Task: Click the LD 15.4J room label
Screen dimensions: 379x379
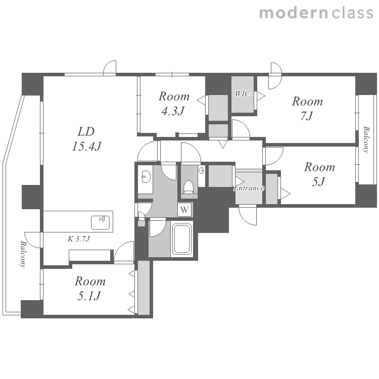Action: (x=86, y=139)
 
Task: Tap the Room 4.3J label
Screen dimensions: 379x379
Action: (x=174, y=104)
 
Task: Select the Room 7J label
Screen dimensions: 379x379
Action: (x=307, y=109)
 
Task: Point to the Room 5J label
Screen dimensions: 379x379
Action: (x=319, y=174)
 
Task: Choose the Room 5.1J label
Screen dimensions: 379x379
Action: (x=90, y=289)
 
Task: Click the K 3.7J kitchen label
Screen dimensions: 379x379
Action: (x=79, y=239)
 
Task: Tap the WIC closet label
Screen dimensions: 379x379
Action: (x=243, y=93)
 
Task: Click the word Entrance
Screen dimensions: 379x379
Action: (x=249, y=188)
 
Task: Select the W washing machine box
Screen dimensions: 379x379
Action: (x=184, y=210)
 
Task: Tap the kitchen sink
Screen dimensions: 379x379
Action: (x=101, y=222)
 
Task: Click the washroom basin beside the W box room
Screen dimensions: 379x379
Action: (x=146, y=177)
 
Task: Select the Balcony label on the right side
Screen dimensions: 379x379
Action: (x=366, y=139)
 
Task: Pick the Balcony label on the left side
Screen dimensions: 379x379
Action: (x=22, y=254)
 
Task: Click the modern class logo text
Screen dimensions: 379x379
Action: (x=316, y=13)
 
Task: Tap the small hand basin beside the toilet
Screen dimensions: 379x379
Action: (x=201, y=171)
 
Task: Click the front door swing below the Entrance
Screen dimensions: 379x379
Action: (x=248, y=215)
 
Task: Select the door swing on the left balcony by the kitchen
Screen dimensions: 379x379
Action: (x=32, y=240)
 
